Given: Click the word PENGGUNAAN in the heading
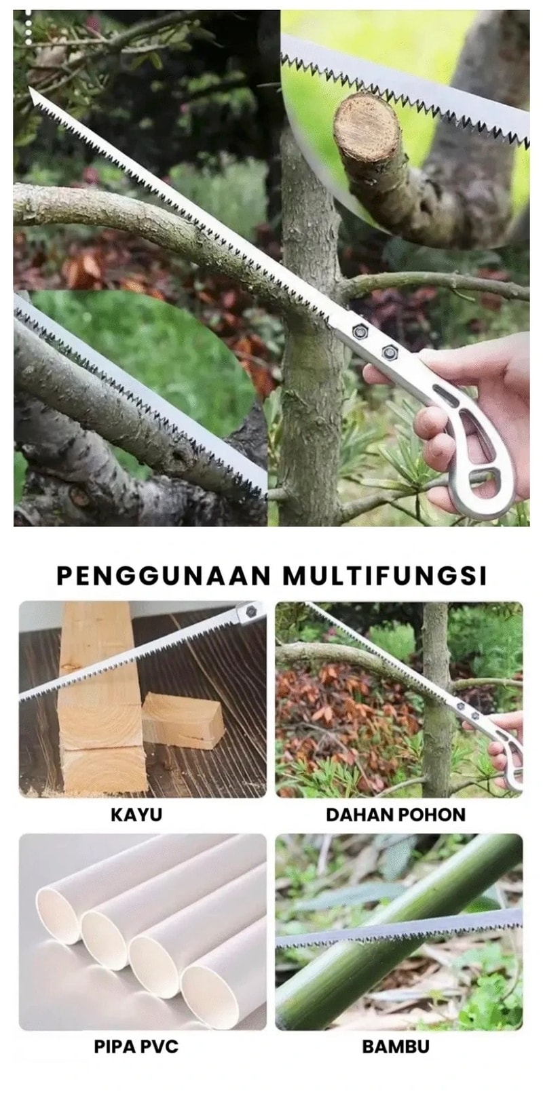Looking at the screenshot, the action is coord(164,575).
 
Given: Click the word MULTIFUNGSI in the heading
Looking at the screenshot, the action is coord(385,575).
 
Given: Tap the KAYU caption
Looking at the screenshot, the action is coord(136,815).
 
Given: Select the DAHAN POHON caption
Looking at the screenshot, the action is coord(396,815).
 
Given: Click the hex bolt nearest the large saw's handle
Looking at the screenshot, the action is coord(389,351).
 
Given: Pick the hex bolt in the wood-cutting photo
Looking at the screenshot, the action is coord(250,612).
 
